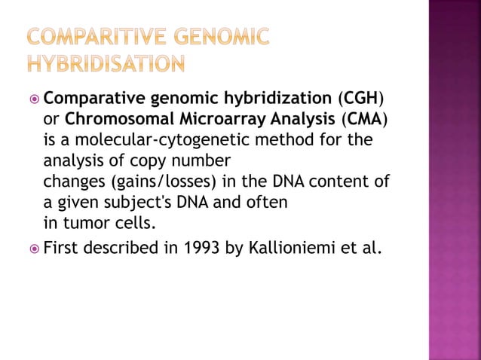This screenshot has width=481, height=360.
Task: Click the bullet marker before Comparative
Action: click(x=33, y=99)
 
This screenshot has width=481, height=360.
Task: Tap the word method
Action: click(x=306, y=140)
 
